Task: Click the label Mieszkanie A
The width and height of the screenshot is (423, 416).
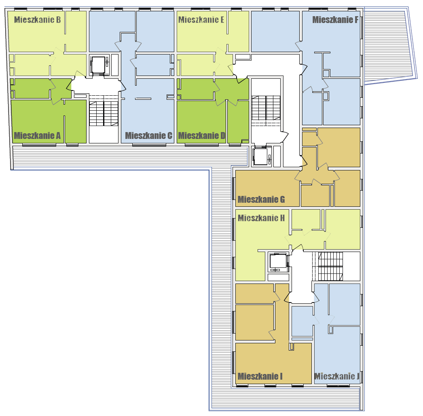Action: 37,136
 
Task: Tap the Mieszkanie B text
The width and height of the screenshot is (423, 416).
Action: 37,20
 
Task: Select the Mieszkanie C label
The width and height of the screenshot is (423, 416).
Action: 149,136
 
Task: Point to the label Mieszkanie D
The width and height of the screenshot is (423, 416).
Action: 201,136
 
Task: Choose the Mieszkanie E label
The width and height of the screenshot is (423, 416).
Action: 201,20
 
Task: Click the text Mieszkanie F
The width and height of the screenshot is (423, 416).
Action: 335,20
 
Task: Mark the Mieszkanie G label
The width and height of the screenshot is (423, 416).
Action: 261,200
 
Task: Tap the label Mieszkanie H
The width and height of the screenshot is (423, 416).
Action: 261,218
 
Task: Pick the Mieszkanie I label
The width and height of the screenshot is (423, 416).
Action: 260,376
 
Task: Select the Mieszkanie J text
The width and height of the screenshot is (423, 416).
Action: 337,376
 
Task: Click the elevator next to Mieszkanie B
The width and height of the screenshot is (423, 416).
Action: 98,65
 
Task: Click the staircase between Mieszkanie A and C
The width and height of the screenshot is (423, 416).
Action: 104,110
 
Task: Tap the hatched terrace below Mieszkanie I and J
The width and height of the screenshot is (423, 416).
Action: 286,398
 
